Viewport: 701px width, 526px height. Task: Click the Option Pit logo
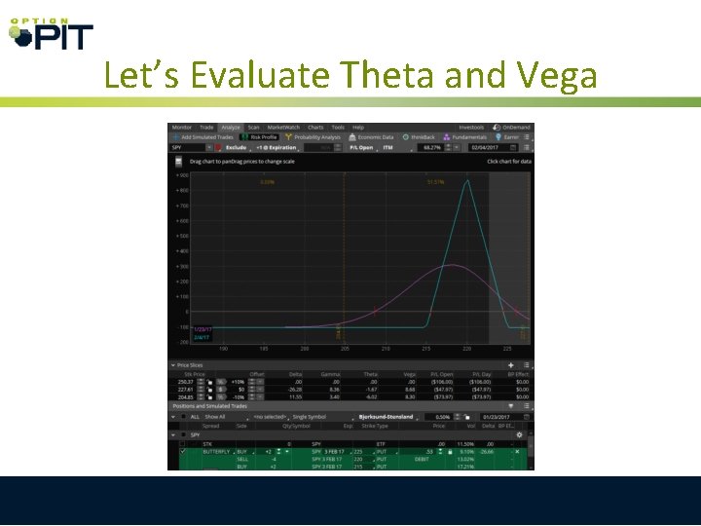point(50,33)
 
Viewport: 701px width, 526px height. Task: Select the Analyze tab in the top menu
point(230,128)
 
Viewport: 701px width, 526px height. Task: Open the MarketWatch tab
point(284,128)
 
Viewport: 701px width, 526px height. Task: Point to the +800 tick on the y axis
point(182,190)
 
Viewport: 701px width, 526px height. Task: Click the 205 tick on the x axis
point(345,348)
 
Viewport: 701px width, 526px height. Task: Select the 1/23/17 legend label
point(203,329)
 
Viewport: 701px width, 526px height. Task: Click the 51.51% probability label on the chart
point(435,182)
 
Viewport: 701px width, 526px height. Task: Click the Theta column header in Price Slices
point(370,374)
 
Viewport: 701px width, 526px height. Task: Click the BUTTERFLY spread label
point(215,452)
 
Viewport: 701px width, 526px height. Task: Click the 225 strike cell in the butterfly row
point(356,452)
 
